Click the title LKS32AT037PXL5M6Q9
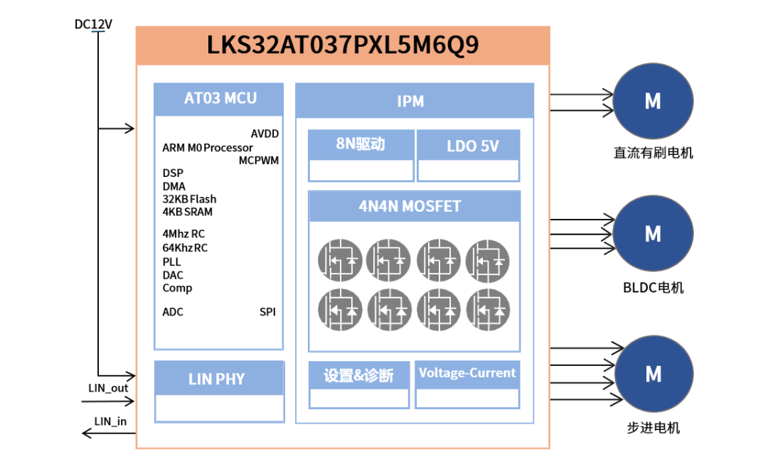pyautogui.click(x=343, y=45)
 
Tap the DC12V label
pyautogui.click(x=93, y=24)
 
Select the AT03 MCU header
pyautogui.click(x=220, y=99)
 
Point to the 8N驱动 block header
pyautogui.click(x=361, y=144)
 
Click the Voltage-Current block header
pyautogui.click(x=467, y=373)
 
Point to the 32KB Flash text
pyautogui.click(x=189, y=199)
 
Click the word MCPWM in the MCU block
pyautogui.click(x=259, y=161)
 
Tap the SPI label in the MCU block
pyautogui.click(x=267, y=312)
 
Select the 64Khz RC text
pyautogui.click(x=185, y=248)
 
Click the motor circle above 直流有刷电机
pyautogui.click(x=652, y=101)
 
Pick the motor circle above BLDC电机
pyautogui.click(x=652, y=233)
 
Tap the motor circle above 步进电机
pyautogui.click(x=652, y=373)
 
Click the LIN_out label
pyautogui.click(x=108, y=388)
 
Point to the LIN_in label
pyautogui.click(x=110, y=421)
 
